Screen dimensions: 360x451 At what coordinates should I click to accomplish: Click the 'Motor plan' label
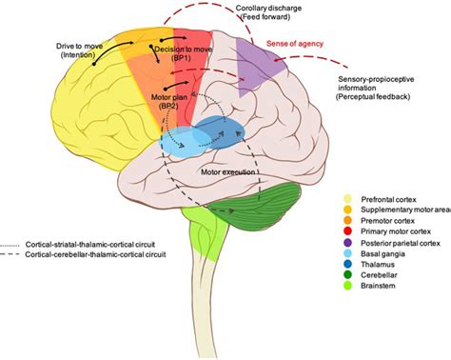click(173, 99)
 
